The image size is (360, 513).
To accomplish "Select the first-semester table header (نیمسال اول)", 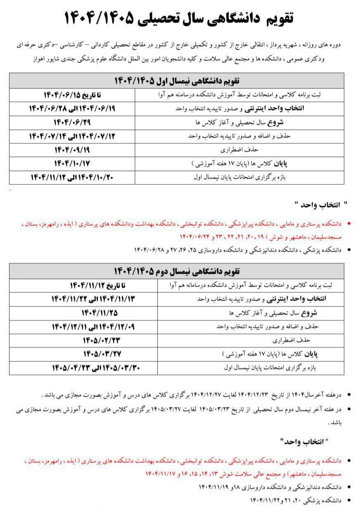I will click(x=180, y=81).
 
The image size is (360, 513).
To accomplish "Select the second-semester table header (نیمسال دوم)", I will click(x=180, y=271).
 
